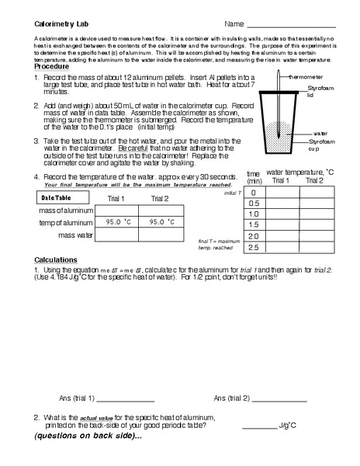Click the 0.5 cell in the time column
(x=253, y=203)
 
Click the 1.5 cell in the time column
(x=253, y=224)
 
